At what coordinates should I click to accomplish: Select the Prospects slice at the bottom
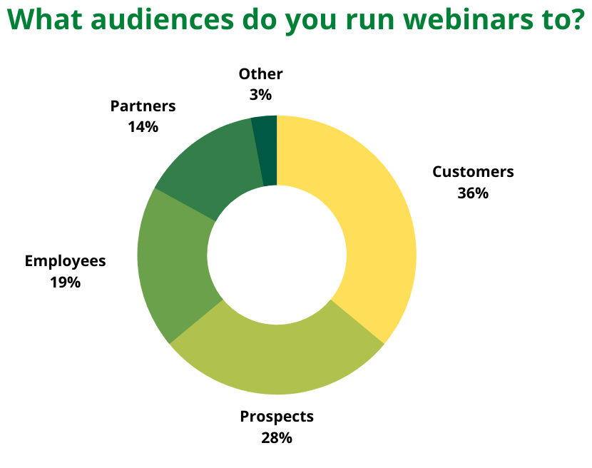pos(277,359)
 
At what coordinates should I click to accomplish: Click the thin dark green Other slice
pos(267,151)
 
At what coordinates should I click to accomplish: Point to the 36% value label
pos(473,193)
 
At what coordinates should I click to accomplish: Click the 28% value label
pos(276,438)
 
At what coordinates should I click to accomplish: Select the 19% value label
pos(66,283)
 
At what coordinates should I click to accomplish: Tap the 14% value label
pos(143,127)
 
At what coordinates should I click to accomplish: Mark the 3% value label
pos(260,95)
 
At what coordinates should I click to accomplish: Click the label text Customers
pos(473,172)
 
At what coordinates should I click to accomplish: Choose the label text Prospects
pos(277,417)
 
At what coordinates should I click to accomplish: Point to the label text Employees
pos(66,261)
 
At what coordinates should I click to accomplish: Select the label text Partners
pos(143,106)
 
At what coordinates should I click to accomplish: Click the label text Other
pos(260,74)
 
